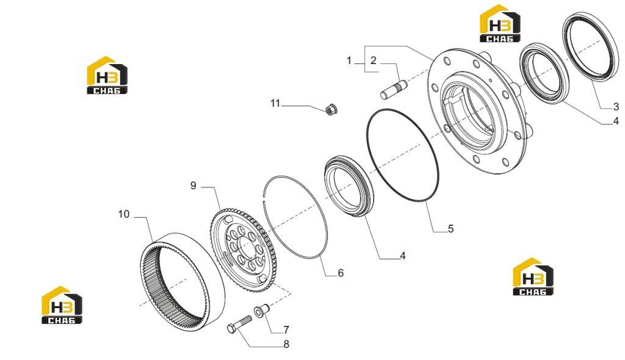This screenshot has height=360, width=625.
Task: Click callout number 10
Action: tap(123, 214)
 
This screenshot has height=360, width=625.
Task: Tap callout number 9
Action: tap(193, 185)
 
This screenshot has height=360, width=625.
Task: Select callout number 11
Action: tap(275, 103)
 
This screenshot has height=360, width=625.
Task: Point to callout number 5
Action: tap(451, 228)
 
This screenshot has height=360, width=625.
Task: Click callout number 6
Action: tap(341, 273)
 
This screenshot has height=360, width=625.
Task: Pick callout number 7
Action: tap(286, 329)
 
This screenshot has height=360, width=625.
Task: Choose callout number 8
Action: tap(286, 344)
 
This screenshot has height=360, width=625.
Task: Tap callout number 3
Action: tap(616, 106)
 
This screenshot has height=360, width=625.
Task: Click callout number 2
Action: tap(373, 60)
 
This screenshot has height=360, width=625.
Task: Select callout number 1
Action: tap(349, 60)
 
